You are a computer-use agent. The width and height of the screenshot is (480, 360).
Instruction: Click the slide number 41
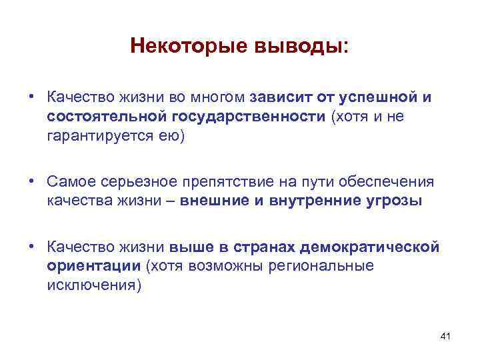pyautogui.click(x=446, y=337)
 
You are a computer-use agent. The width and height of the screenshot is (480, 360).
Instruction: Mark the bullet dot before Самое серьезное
pyautogui.click(x=31, y=182)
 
